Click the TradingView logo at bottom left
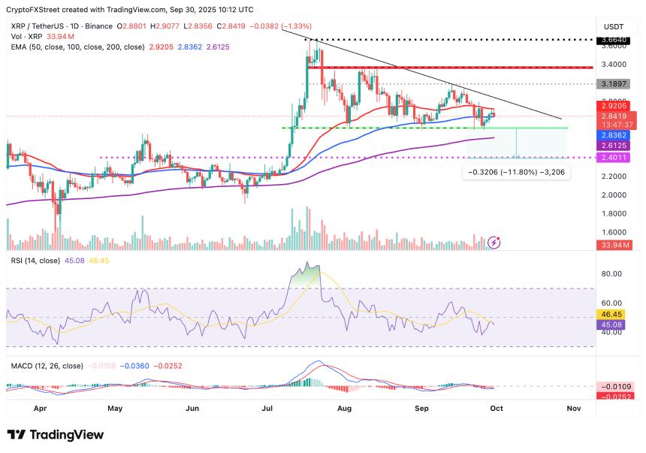(55, 435)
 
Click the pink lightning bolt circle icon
(494, 242)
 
